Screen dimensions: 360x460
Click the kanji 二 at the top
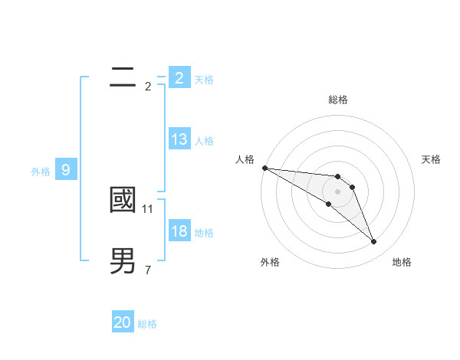(123, 76)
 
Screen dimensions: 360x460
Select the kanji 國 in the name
(123, 200)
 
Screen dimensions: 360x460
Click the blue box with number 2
(179, 78)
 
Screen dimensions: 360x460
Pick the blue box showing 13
(179, 139)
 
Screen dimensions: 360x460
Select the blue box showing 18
(179, 231)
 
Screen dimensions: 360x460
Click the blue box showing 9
(66, 170)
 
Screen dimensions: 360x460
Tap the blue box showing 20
(123, 322)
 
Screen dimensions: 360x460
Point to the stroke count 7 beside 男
(148, 270)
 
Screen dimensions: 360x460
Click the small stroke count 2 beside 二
(148, 86)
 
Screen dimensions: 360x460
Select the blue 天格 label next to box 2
(204, 80)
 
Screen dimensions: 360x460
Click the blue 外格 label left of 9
(41, 172)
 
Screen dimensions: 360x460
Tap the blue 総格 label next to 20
(147, 324)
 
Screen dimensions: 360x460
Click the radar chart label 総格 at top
(338, 100)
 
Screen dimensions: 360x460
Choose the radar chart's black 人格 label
(245, 159)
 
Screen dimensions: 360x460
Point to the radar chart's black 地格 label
(402, 262)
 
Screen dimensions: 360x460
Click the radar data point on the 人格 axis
(264, 168)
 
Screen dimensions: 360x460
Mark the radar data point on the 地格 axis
(374, 242)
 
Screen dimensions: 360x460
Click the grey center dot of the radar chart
(338, 191)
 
